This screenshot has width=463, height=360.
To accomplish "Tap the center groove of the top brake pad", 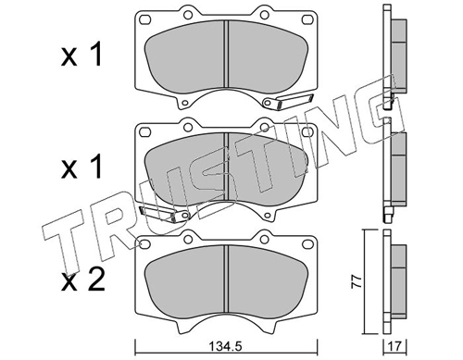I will (x=227, y=56).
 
